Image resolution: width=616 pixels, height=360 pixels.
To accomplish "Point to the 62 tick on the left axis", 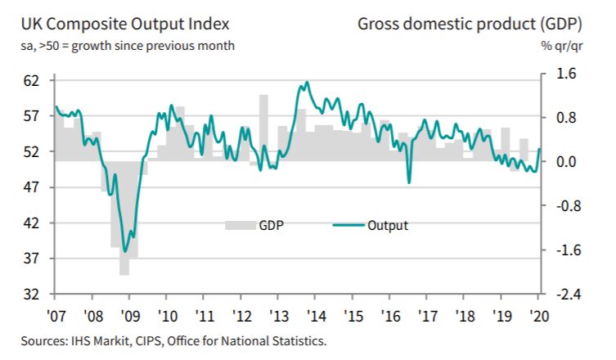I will tap(33, 81).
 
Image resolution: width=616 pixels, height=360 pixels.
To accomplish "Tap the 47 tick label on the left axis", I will tap(33, 187).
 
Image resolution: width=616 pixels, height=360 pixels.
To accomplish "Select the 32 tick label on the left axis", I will tap(33, 294).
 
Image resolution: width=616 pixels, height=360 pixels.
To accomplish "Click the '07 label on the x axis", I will tap(56, 315).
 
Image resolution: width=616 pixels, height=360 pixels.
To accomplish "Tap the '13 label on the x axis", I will tap(278, 315).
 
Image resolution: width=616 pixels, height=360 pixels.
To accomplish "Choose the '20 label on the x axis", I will tap(538, 315).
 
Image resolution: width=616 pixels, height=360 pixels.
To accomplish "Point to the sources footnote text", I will tap(169, 340).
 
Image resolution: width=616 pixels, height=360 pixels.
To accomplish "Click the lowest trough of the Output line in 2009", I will tap(125, 251).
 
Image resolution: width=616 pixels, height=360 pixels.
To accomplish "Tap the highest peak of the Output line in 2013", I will tap(305, 82).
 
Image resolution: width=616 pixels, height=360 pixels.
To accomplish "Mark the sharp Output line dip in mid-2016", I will tap(408, 182).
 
